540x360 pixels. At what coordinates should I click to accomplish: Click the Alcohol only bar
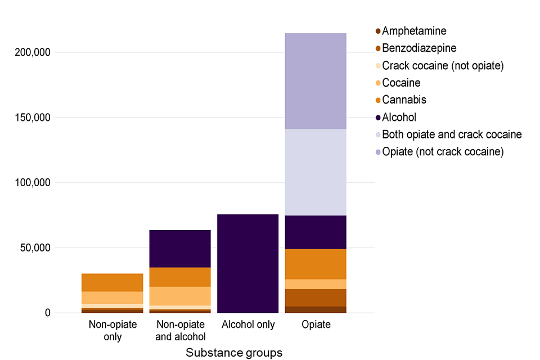click(x=247, y=263)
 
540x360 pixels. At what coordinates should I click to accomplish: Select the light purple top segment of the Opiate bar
click(x=315, y=81)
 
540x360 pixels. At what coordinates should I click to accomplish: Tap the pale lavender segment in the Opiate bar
click(x=315, y=172)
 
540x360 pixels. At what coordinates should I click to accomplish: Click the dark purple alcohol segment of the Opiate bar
click(x=315, y=232)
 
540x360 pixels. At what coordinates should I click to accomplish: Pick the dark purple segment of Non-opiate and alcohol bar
click(x=179, y=248)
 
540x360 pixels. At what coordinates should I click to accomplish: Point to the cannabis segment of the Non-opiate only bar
click(x=112, y=282)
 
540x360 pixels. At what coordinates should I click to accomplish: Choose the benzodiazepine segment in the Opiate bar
click(x=315, y=297)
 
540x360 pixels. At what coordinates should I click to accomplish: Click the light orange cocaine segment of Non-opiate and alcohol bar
click(x=179, y=296)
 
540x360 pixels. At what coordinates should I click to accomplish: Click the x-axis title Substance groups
click(x=233, y=353)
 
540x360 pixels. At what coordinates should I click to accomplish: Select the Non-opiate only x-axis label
click(x=112, y=331)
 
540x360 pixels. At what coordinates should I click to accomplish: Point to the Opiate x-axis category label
click(x=315, y=325)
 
